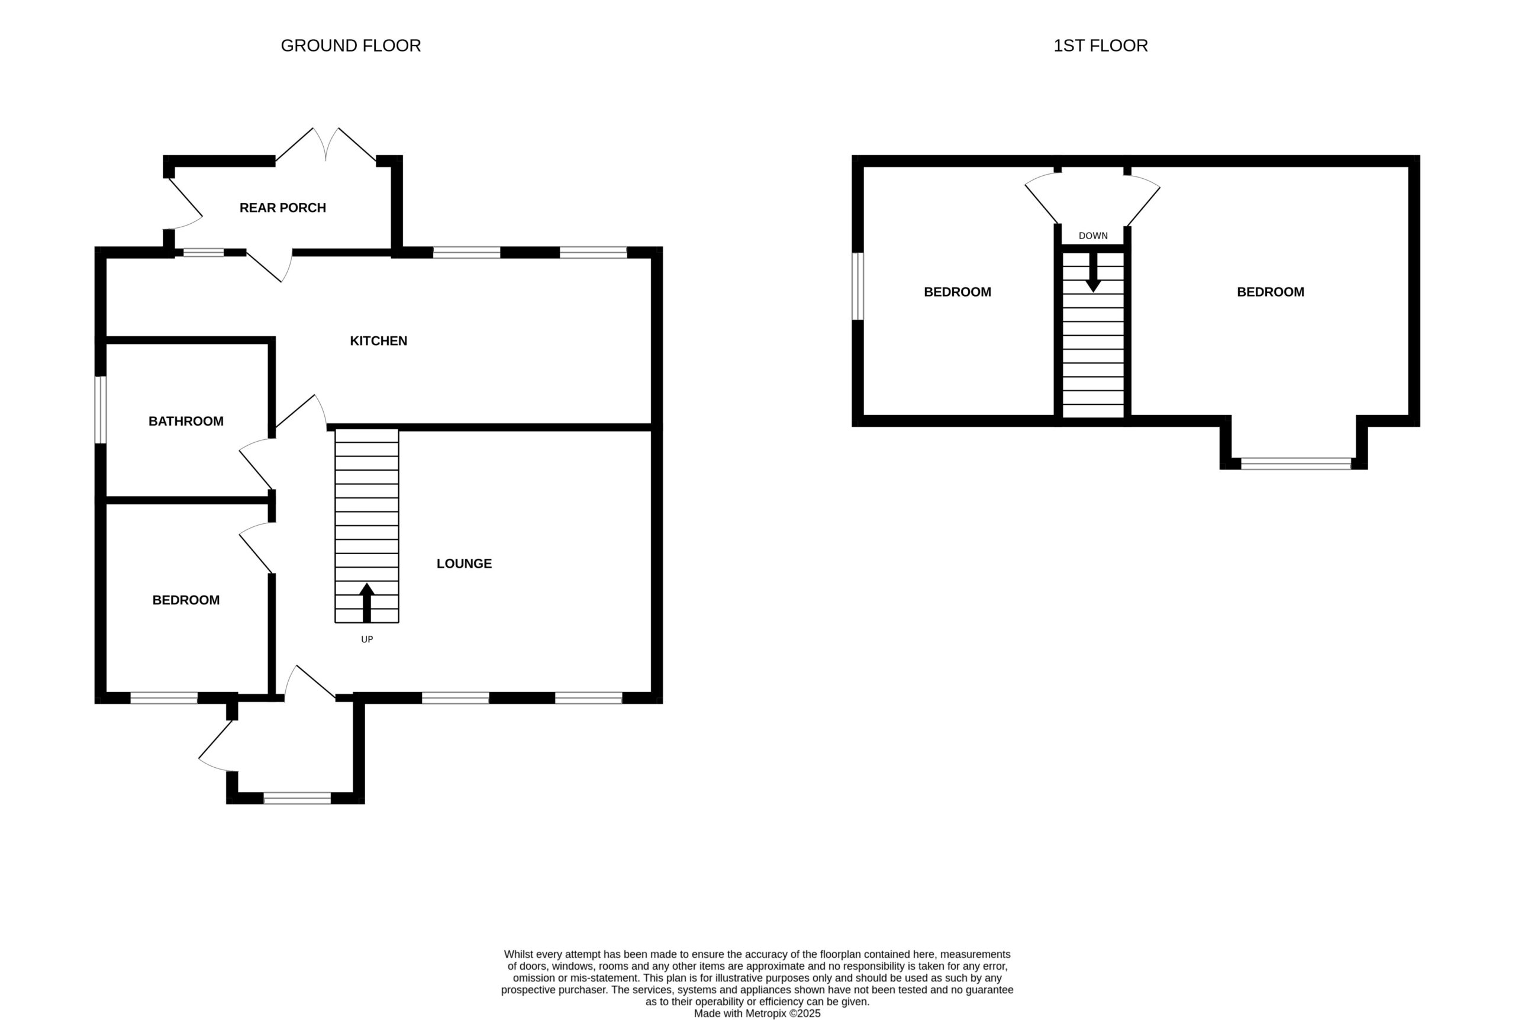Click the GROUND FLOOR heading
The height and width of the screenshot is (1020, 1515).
coord(350,46)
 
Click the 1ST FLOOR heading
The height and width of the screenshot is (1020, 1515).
coord(1100,46)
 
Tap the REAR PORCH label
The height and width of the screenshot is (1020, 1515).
coord(282,208)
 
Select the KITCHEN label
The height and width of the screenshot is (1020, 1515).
coord(378,341)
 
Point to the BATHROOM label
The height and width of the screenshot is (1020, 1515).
coord(186,421)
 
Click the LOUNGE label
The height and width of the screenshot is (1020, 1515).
coord(463,564)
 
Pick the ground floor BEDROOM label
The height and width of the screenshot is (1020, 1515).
coord(186,600)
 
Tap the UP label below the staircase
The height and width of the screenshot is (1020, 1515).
coord(367,639)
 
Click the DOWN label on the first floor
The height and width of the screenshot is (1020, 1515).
coord(1093,236)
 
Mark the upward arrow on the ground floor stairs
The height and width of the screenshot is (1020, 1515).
coord(367,603)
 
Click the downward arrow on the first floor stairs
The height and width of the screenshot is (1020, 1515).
coord(1093,272)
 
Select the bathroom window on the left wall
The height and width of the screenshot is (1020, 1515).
coord(101,410)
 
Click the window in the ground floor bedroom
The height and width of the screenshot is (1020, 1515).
coord(164,698)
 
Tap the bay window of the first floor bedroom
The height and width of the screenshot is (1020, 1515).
coord(1296,464)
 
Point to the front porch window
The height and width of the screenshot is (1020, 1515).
coord(297,798)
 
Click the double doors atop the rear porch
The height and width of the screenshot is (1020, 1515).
coord(325,144)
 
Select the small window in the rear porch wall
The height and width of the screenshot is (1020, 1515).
coord(204,252)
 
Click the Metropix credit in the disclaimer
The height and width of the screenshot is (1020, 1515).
coord(757,1013)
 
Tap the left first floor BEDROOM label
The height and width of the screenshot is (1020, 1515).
coord(957,292)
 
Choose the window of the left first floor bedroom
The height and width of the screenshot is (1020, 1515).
coord(858,286)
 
